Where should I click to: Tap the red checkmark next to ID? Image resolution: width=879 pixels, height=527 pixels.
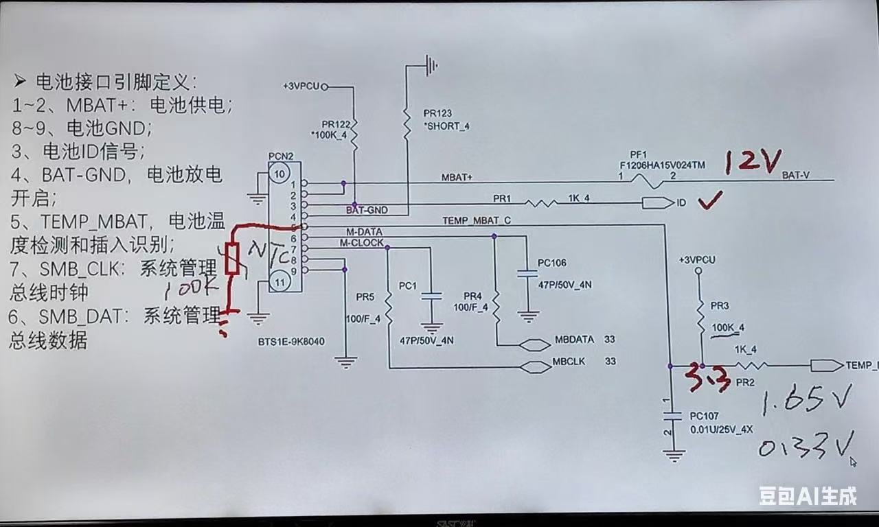709,202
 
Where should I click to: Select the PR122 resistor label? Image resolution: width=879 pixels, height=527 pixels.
336,124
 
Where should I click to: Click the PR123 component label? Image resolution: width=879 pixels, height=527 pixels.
438,113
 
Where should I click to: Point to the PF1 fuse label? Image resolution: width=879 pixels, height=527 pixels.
639,155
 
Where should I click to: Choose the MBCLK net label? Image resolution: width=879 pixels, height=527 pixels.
569,362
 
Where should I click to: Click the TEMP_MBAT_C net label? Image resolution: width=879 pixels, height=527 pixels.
477,220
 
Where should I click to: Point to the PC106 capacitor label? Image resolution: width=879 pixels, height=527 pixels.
552,263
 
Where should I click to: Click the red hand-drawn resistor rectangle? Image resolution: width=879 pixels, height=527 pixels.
233,259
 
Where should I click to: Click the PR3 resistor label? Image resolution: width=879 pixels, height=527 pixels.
720,305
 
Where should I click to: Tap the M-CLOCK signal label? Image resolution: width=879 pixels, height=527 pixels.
362,243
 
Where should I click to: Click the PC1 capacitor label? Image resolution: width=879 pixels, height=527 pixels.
408,285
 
